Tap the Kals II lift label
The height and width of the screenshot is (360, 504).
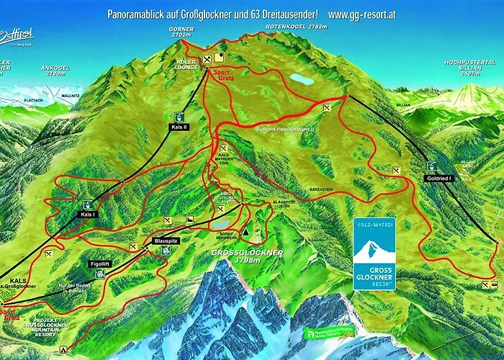(x=179, y=126)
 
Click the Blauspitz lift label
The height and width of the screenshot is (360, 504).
(x=167, y=240)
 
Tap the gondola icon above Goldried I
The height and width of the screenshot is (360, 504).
(x=432, y=165)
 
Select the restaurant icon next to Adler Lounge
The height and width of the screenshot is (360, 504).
(x=207, y=59)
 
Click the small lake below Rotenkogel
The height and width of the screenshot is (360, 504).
(x=301, y=78)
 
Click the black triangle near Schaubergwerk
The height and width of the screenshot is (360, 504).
(x=246, y=232)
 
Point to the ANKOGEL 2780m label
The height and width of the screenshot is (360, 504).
(x=57, y=71)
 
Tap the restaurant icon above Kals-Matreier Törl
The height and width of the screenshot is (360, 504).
(x=224, y=149)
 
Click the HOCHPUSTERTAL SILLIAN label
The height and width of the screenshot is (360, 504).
(x=469, y=66)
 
